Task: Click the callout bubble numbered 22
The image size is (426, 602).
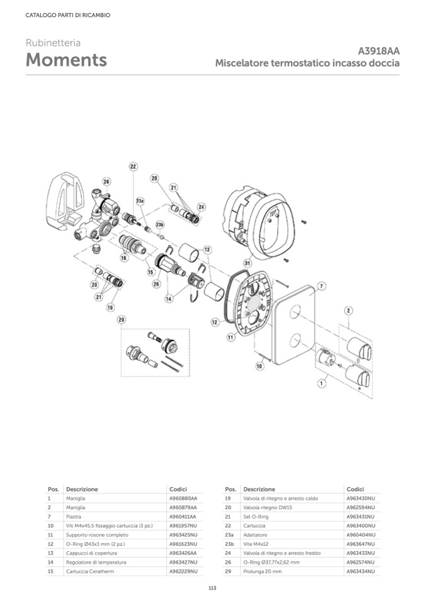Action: (x=133, y=166)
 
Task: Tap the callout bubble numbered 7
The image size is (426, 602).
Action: (x=321, y=286)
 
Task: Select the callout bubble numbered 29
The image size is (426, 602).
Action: (x=121, y=320)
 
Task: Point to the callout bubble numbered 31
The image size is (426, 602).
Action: (x=248, y=263)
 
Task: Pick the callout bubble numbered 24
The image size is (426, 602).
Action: (x=201, y=207)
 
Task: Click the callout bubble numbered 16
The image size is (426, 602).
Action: (x=124, y=257)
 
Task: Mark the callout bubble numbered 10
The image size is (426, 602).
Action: (x=259, y=365)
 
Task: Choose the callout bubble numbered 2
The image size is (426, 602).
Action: (x=349, y=310)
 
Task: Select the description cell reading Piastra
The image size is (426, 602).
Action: (x=74, y=517)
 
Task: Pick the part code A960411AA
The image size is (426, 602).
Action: (x=183, y=517)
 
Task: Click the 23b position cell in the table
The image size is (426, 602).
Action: (x=229, y=544)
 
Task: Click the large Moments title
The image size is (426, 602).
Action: (x=66, y=60)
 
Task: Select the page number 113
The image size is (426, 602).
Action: (x=212, y=588)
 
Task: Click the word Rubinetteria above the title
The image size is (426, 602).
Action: (x=53, y=43)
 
